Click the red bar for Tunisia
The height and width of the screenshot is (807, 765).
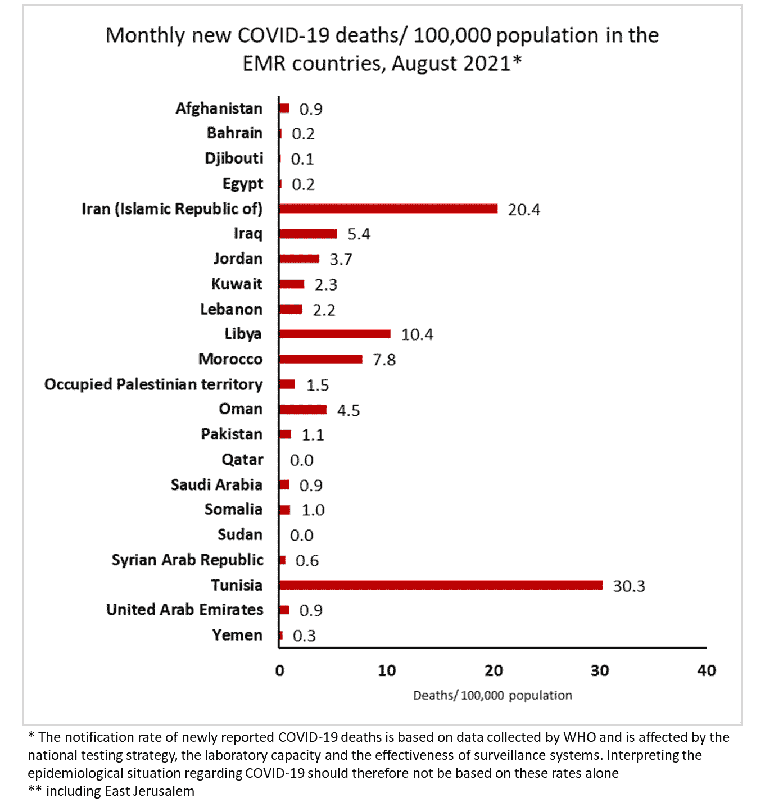coord(441,585)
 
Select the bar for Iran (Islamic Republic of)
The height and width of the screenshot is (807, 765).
coord(388,208)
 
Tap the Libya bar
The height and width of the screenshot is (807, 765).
coord(334,334)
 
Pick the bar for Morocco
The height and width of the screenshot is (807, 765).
coord(320,359)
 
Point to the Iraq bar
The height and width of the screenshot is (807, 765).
coord(307,234)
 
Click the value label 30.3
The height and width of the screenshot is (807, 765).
coord(629,586)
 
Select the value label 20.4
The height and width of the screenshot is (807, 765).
coord(524,210)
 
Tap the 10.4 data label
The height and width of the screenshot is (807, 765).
coord(417,335)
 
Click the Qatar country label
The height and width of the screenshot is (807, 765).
coord(242,460)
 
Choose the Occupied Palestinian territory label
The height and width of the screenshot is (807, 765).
coord(153,384)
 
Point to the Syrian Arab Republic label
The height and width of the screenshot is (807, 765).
coord(187,560)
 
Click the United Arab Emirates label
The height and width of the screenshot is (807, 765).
coord(185,610)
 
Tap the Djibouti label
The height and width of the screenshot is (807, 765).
coord(234,158)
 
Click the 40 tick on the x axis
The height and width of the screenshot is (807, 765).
coord(707,670)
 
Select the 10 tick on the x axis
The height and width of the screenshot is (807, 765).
coord(387,670)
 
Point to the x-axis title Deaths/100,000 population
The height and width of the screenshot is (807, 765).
coord(492,696)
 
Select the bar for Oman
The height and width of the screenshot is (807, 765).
coord(302,409)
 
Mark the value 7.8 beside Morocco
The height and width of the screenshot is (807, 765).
coord(384,360)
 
